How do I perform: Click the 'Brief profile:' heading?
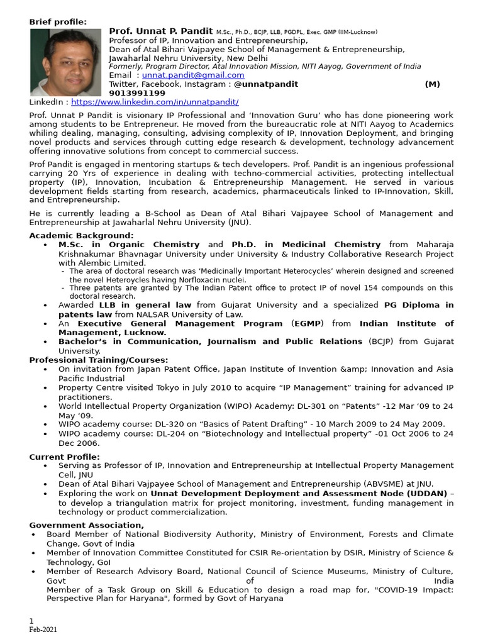click(58, 22)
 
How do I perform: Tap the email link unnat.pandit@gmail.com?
click(193, 75)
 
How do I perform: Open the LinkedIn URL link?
click(155, 101)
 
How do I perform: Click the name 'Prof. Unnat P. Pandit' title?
click(161, 31)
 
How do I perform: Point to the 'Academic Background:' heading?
click(81, 235)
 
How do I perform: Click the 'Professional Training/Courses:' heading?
click(99, 360)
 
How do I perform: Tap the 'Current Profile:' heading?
click(64, 457)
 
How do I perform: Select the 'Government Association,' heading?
click(87, 525)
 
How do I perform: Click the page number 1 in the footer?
click(31, 621)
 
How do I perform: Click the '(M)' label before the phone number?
click(432, 84)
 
